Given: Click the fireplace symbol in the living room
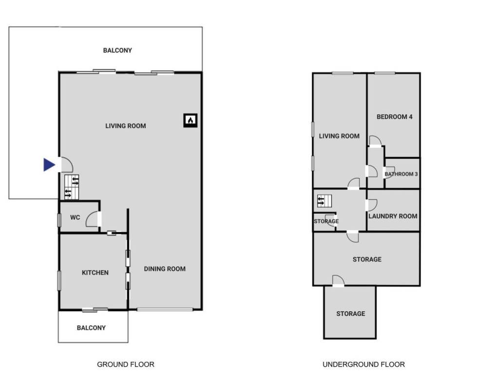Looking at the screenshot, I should pyautogui.click(x=191, y=120).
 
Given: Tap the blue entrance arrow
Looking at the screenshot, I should pyautogui.click(x=49, y=165).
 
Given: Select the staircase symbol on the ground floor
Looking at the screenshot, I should pyautogui.click(x=72, y=187).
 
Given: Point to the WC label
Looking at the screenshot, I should pyautogui.click(x=75, y=217).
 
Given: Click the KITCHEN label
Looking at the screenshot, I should pyautogui.click(x=95, y=273).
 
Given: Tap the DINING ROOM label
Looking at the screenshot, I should pyautogui.click(x=165, y=269).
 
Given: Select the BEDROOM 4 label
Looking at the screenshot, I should pyautogui.click(x=395, y=117).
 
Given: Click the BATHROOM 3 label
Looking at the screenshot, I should pyautogui.click(x=401, y=174).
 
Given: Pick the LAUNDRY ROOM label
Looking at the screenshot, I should pyautogui.click(x=393, y=216).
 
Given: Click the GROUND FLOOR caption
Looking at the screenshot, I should pyautogui.click(x=126, y=364).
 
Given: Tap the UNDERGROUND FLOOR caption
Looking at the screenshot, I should pyautogui.click(x=364, y=364).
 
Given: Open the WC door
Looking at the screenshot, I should pyautogui.click(x=93, y=220).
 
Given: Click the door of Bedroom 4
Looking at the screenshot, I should pyautogui.click(x=375, y=141).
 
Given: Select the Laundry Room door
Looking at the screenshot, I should pyautogui.click(x=371, y=205).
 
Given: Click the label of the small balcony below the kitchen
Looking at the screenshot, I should pyautogui.click(x=91, y=328).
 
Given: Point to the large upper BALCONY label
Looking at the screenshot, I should pyautogui.click(x=117, y=50).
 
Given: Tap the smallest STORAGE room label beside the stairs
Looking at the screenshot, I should pyautogui.click(x=326, y=222).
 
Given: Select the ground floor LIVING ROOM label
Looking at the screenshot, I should pyautogui.click(x=126, y=126).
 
